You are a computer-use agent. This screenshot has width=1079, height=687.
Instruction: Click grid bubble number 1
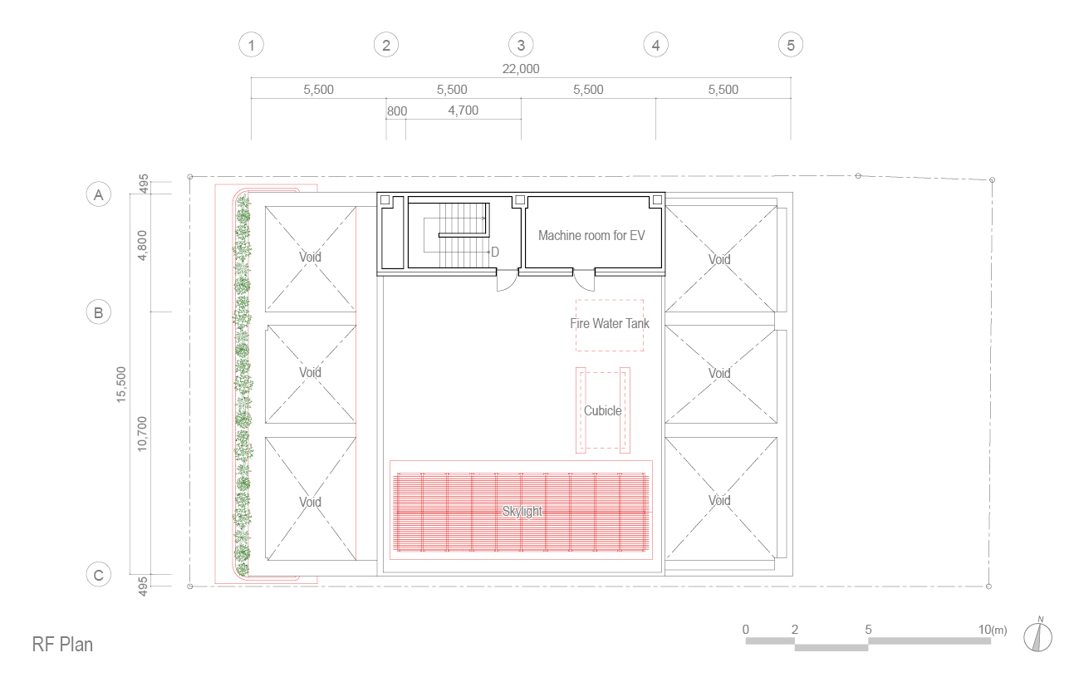pos(251,45)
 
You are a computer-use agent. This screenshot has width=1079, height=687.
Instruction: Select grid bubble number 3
pos(521,45)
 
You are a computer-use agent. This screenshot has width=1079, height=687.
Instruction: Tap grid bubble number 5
pos(791,45)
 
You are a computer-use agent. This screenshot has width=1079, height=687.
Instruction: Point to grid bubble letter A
pos(98,194)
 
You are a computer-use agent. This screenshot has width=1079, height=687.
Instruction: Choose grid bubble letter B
pos(98,312)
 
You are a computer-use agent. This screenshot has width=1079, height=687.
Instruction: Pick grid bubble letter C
pos(98,575)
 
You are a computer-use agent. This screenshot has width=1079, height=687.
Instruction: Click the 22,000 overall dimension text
pos(521,69)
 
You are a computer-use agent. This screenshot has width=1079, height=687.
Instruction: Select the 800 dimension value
pos(397,111)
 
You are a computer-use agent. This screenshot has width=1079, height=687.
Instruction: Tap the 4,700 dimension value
pos(463,110)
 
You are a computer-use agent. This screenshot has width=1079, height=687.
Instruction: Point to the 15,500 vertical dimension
pos(121,385)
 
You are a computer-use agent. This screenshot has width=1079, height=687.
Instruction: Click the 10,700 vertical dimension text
pos(141,434)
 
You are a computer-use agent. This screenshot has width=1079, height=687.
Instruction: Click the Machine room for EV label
pos(591,235)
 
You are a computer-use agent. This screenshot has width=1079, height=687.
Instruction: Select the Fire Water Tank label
pos(610,323)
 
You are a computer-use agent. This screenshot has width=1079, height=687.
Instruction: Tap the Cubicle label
pos(602,410)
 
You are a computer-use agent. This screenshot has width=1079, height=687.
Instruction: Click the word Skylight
pos(522,511)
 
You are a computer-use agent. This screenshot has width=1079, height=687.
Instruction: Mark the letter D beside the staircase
pos(495,252)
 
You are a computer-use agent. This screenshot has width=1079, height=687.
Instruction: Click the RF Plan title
pos(62,644)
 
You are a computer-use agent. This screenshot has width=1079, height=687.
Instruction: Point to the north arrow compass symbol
pos(1037,636)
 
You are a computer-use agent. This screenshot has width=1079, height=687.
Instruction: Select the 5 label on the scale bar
pos(868,629)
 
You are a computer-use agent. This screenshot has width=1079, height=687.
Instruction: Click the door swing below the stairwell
pos(507,281)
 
